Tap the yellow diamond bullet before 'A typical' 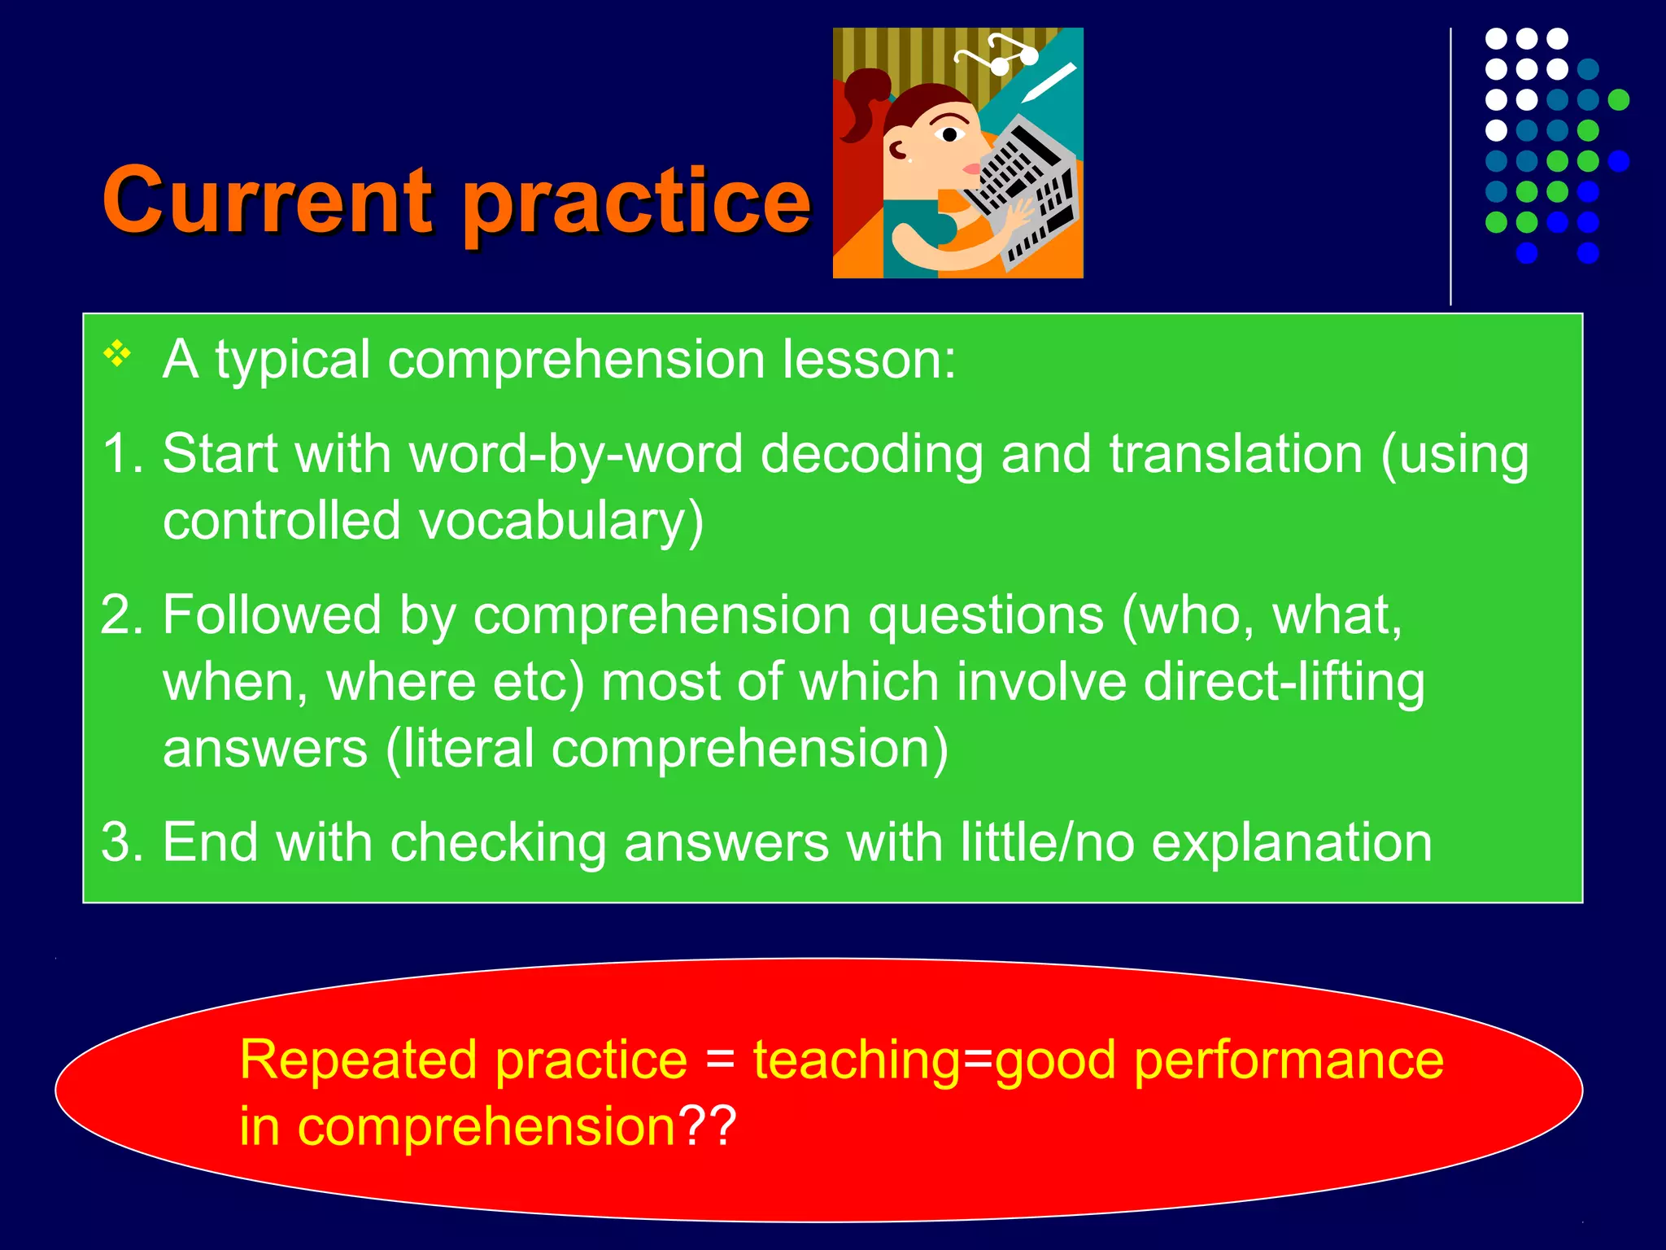pyautogui.click(x=117, y=354)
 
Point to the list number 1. pyautogui.click(x=122, y=453)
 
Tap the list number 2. pyautogui.click(x=122, y=614)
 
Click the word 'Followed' pyautogui.click(x=272, y=614)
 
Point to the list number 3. pyautogui.click(x=122, y=841)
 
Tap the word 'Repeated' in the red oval pyautogui.click(x=358, y=1060)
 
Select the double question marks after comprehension pyautogui.click(x=709, y=1126)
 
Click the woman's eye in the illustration pyautogui.click(x=949, y=134)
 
